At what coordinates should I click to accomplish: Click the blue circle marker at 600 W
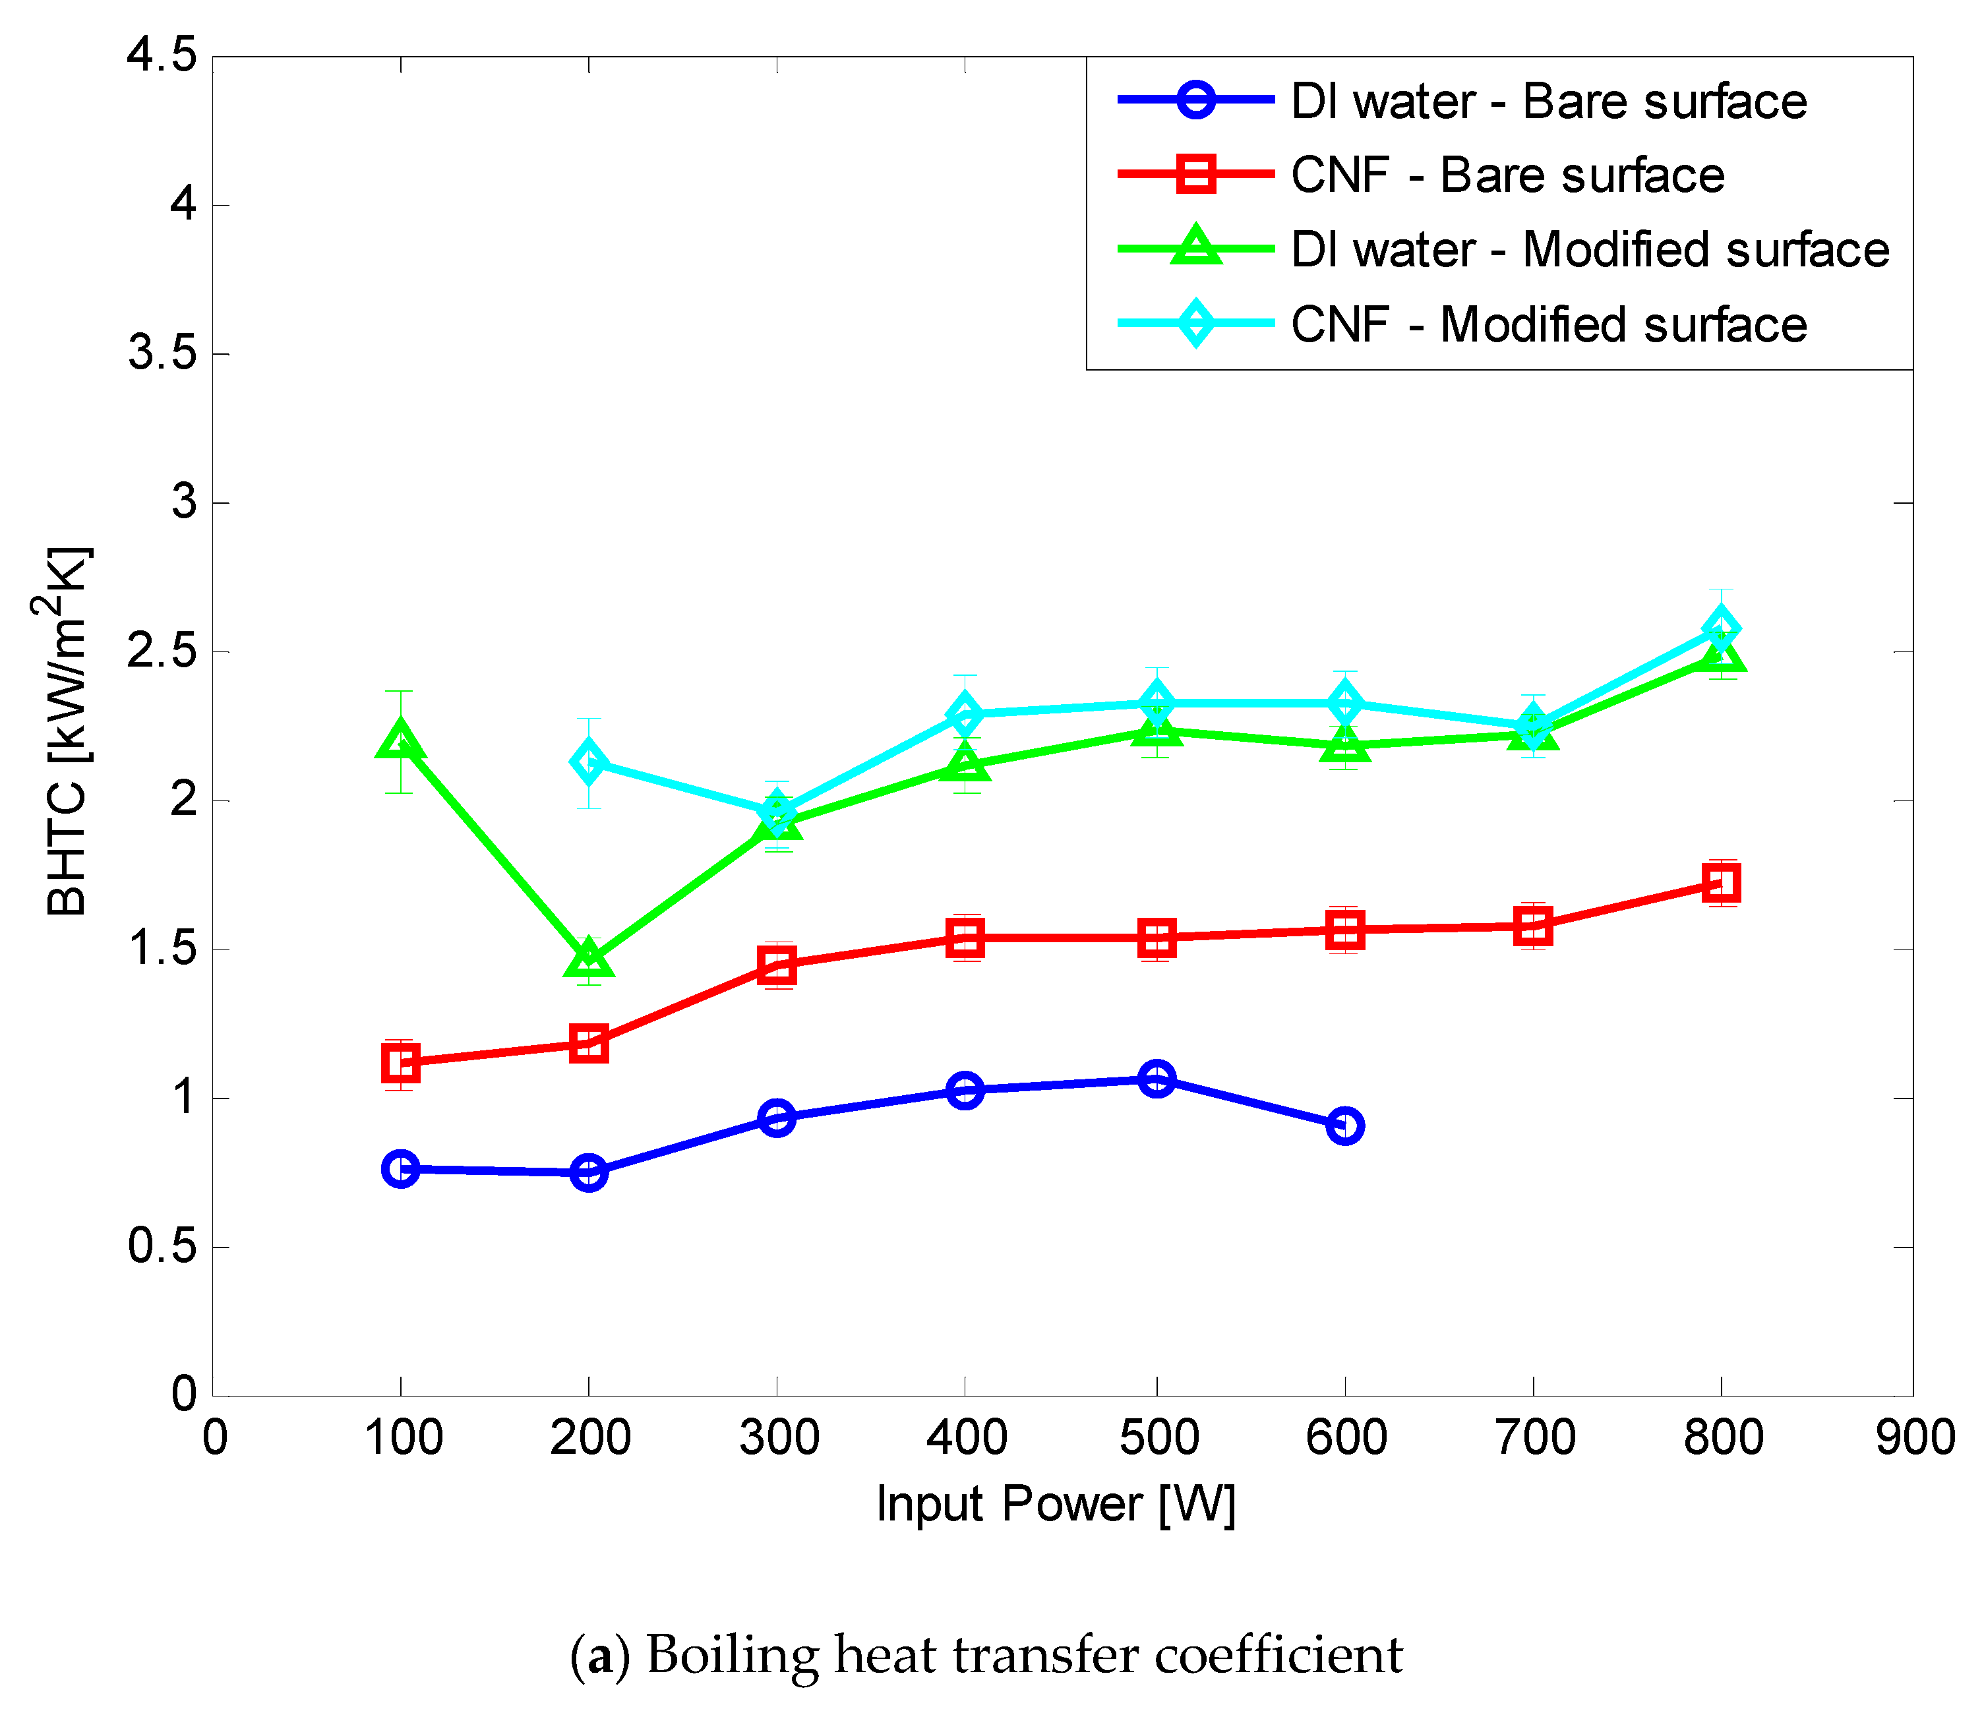coord(1344,1126)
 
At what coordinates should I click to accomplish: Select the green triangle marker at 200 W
coord(588,957)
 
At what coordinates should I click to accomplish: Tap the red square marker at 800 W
coord(1721,883)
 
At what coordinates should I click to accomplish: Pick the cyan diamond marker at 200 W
coord(588,762)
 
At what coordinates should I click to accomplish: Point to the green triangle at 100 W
coord(400,740)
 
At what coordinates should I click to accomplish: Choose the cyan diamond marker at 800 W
coord(1721,629)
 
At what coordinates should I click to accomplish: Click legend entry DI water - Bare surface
coord(1548,102)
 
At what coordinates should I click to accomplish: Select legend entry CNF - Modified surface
coord(1548,324)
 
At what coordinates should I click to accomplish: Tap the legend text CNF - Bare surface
coord(1507,175)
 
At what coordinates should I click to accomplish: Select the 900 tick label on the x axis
coord(1914,1437)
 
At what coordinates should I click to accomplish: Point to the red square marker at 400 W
coord(964,938)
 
